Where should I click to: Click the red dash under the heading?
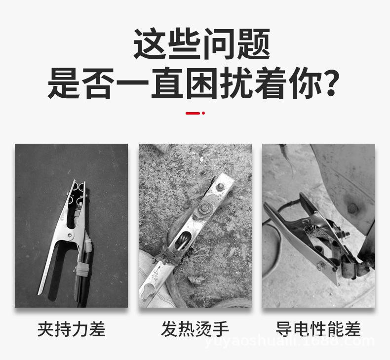(x=193, y=113)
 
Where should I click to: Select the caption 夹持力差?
(x=72, y=329)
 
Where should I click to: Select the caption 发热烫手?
(x=195, y=329)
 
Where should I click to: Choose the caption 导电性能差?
(x=318, y=329)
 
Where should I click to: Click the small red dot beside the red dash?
(x=203, y=113)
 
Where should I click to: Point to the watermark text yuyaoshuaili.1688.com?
(x=307, y=341)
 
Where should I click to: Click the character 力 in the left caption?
(x=80, y=329)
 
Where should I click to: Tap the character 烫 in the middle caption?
(x=203, y=329)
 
